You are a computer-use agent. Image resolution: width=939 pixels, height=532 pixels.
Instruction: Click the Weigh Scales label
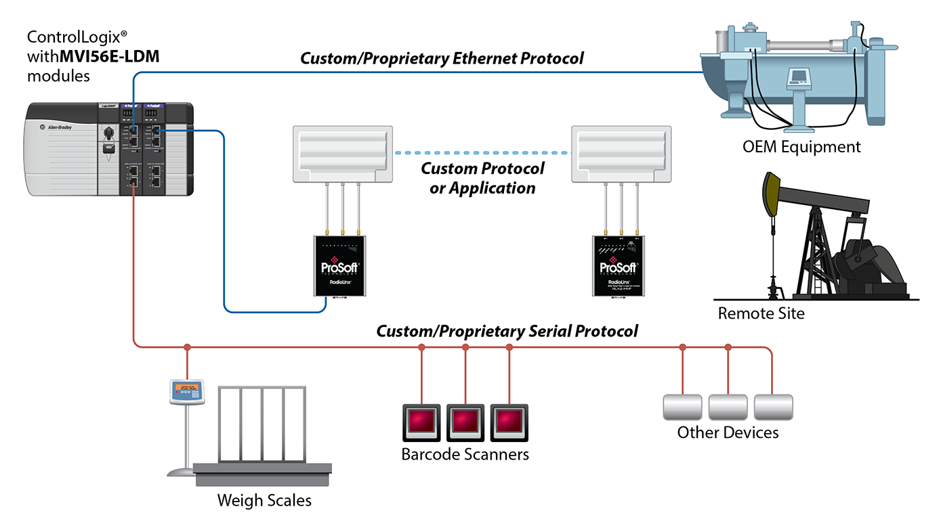point(264,501)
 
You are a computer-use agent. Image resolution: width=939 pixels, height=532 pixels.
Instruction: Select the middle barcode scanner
point(465,422)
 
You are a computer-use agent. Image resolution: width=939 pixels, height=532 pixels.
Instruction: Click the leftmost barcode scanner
point(421,422)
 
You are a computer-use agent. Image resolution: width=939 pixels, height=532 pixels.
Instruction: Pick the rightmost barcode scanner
point(509,422)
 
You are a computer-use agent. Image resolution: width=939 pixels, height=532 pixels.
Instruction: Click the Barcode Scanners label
point(465,453)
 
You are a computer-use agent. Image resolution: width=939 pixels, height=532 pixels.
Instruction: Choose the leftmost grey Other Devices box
point(682,407)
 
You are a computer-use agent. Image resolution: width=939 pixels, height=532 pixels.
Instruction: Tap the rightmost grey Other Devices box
point(773,407)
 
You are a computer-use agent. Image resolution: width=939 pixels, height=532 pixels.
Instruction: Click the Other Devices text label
point(728,432)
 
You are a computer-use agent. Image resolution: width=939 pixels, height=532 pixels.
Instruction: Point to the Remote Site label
point(761,313)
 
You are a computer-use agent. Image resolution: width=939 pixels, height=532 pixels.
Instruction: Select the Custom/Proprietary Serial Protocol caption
point(507,332)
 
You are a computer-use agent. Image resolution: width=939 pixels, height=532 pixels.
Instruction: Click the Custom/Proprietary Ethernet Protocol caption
point(442,58)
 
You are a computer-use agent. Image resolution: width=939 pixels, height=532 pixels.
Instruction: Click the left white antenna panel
point(343,154)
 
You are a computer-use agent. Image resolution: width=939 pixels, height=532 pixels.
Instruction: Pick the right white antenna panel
point(621,154)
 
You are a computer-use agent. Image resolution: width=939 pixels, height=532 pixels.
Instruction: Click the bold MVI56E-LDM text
point(110,56)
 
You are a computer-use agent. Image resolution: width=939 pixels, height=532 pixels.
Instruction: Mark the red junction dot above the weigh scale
point(187,347)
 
